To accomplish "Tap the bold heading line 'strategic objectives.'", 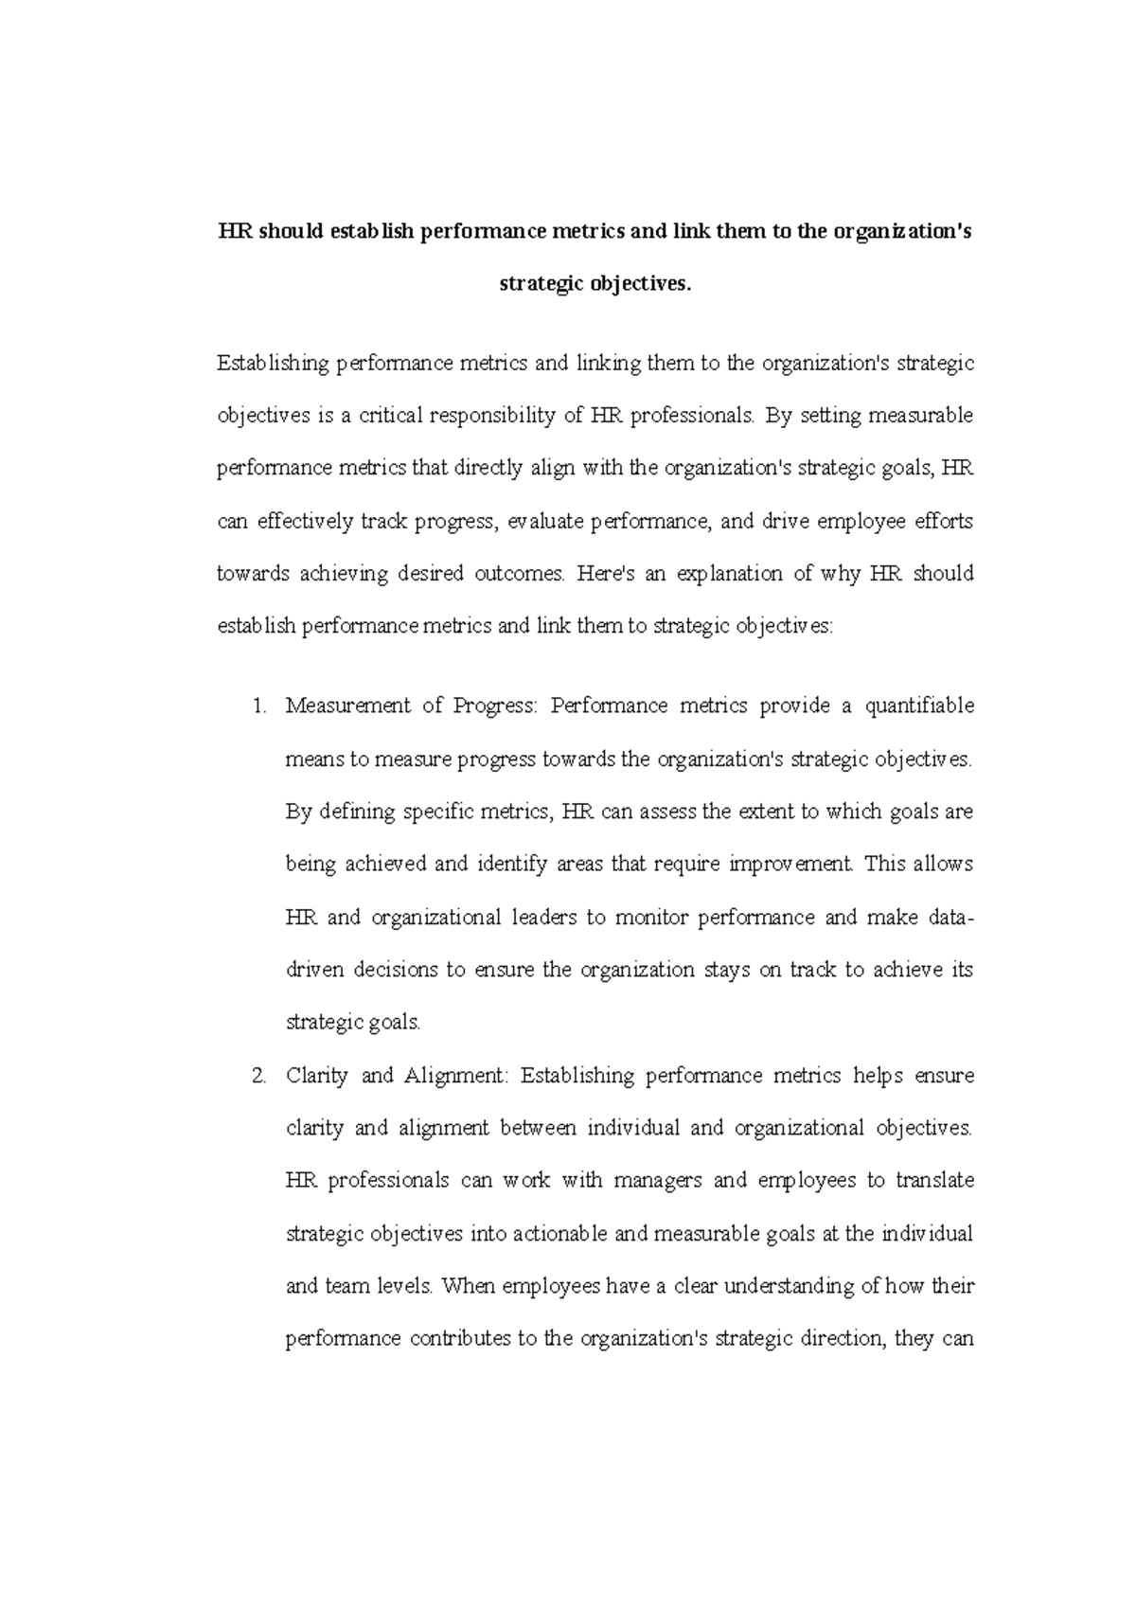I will point(595,284).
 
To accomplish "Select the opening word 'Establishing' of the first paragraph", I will point(273,364).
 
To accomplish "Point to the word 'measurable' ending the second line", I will point(920,416).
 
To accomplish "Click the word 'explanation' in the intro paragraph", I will point(727,574).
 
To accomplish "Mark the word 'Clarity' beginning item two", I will point(316,1076).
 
